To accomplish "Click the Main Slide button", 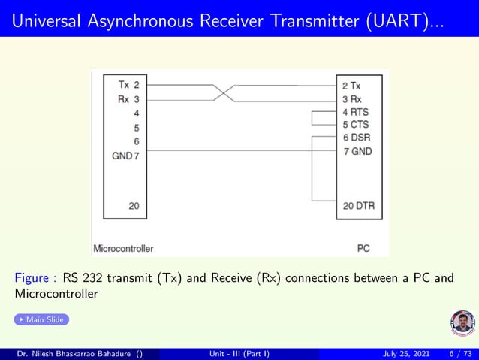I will click(42, 320).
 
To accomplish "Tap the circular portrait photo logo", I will click(462, 323).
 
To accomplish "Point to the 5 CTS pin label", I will click(355, 125).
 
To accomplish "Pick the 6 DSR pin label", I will click(356, 138).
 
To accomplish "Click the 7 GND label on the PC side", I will click(357, 151).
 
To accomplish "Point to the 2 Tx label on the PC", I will click(351, 86).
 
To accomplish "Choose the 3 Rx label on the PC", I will click(351, 99).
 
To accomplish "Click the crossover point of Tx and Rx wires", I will click(224, 92).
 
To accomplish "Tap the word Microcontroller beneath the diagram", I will click(123, 247).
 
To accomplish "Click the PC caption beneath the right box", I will click(363, 247).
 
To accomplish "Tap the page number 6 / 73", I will click(459, 353).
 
